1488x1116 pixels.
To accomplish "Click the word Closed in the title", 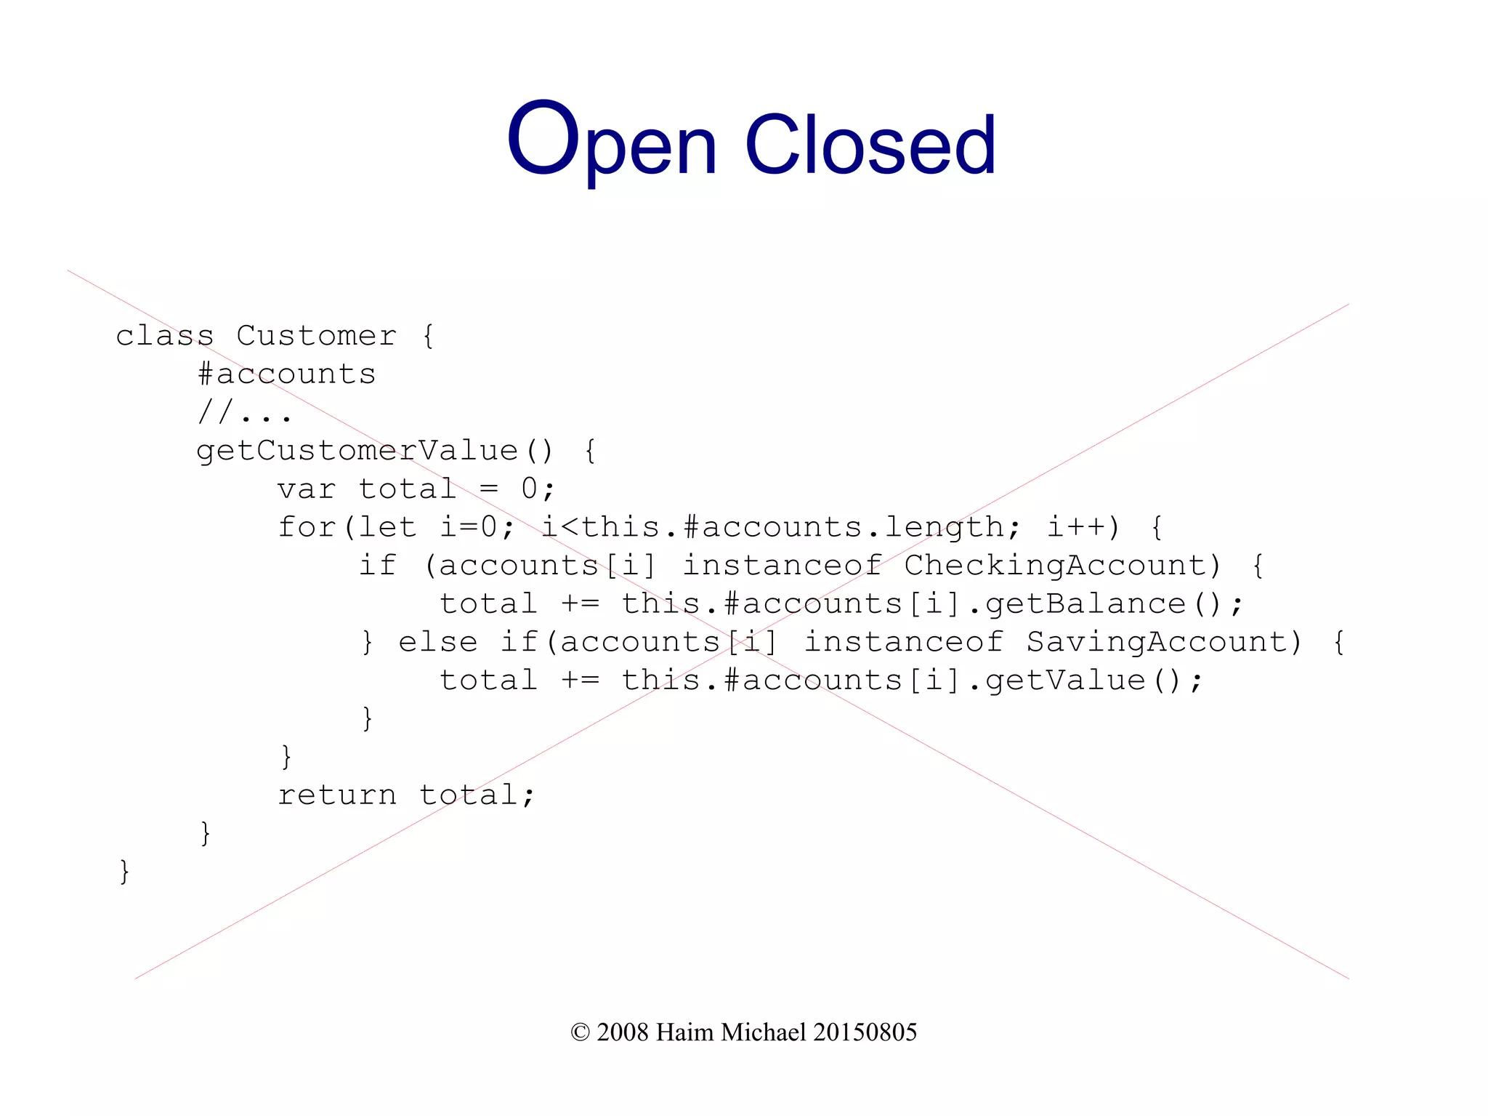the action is [870, 145].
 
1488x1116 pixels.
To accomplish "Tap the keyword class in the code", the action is [165, 336].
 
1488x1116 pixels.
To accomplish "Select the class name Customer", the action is [316, 336].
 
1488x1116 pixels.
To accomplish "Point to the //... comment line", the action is [244, 413].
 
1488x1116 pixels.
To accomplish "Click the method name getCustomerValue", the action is [357, 451].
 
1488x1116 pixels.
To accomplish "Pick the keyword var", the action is [306, 489].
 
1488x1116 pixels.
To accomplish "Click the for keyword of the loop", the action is [306, 527].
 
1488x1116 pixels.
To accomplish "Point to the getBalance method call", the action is [1085, 604].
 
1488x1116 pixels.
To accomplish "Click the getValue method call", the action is [1065, 681].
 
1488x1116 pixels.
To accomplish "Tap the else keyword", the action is [437, 642].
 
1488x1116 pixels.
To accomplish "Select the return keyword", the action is [337, 795].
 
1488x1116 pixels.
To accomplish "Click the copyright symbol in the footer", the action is [580, 1032].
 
